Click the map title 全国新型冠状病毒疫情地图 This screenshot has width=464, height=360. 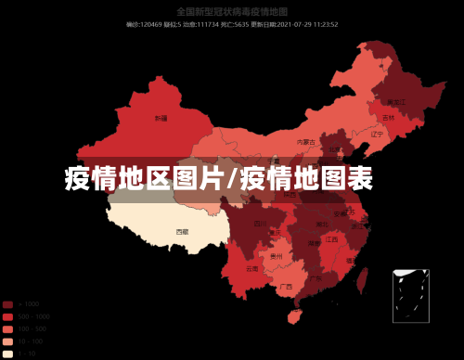click(231, 11)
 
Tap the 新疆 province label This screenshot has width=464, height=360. click(161, 119)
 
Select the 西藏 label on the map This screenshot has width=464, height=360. click(183, 231)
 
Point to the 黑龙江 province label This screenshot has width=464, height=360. click(396, 102)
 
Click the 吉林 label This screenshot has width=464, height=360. click(388, 119)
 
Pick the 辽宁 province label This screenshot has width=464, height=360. click(377, 134)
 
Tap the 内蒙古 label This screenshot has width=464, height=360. click(303, 142)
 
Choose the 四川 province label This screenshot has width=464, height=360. click(260, 224)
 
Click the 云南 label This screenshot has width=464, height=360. click(252, 268)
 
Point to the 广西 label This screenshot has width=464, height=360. click(286, 287)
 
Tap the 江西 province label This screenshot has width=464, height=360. click(332, 239)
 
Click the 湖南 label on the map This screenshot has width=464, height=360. click(314, 242)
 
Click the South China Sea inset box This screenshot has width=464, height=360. click(409, 295)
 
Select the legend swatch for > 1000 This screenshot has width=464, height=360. click(7, 304)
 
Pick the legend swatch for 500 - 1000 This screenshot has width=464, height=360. click(7, 316)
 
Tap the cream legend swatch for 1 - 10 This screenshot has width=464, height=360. click(7, 354)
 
